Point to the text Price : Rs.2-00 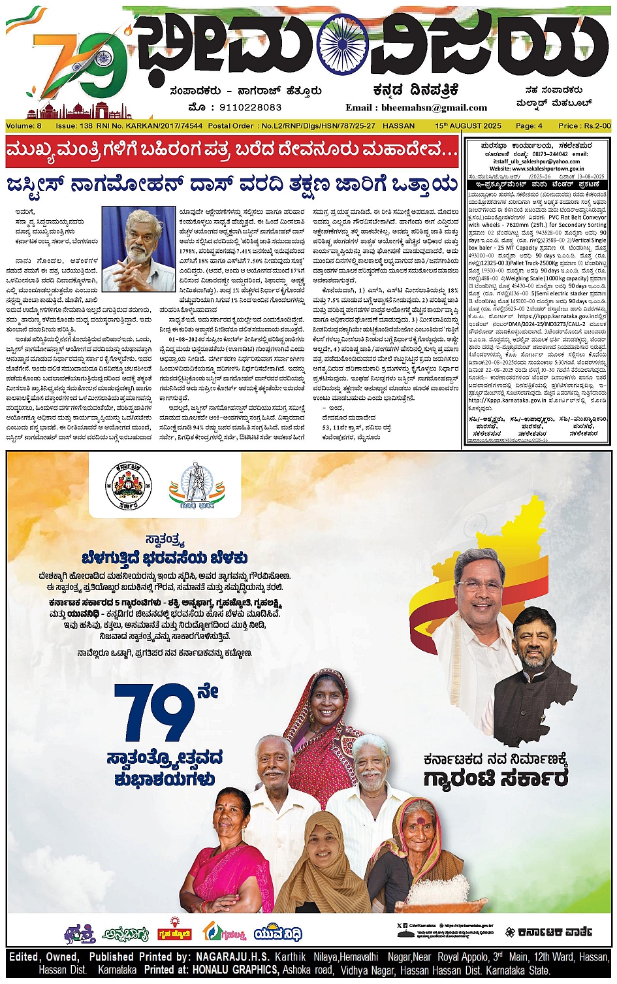tap(584, 125)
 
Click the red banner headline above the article tap(232, 152)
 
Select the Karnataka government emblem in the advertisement tap(128, 486)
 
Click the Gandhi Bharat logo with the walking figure tap(191, 486)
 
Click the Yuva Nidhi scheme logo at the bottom tap(278, 933)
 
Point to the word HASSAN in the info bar tap(398, 125)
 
